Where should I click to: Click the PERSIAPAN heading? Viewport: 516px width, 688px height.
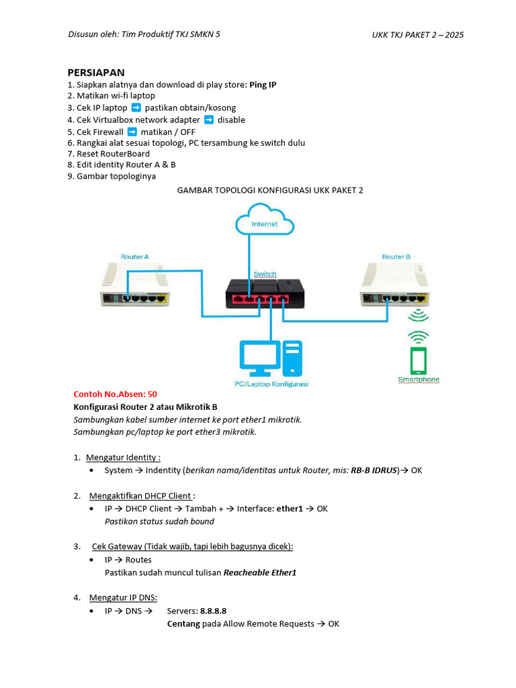[x=96, y=73]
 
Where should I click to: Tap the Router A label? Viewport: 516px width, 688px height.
[x=134, y=257]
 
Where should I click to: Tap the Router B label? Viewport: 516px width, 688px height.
[x=396, y=257]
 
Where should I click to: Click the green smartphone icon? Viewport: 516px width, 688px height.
[x=419, y=360]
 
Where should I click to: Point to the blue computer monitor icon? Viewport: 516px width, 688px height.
[x=259, y=357]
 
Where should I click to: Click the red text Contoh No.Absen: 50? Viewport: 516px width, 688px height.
[x=115, y=394]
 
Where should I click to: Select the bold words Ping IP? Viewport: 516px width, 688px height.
[x=263, y=85]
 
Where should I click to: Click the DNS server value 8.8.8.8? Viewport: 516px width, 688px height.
[x=213, y=611]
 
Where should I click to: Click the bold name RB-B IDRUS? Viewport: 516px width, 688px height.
[x=374, y=470]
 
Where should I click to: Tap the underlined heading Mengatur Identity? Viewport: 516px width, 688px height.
[x=123, y=458]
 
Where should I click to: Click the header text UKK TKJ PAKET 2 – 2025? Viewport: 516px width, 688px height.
[x=417, y=35]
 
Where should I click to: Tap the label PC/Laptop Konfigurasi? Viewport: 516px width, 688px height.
[x=271, y=384]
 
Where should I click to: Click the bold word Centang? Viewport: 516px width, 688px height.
[x=183, y=623]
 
